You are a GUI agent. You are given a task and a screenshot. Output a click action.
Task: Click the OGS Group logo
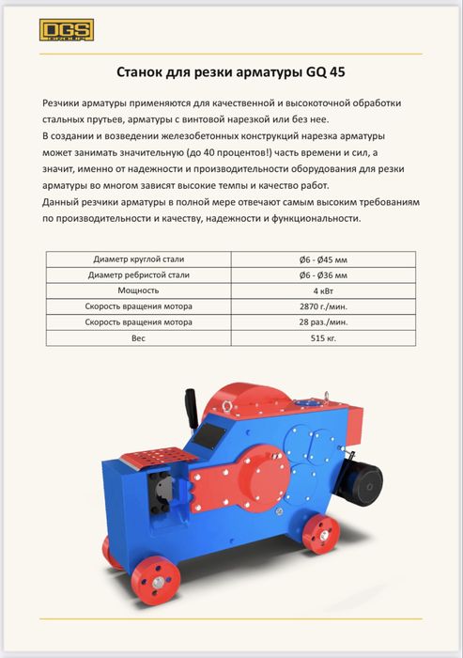pos(64,31)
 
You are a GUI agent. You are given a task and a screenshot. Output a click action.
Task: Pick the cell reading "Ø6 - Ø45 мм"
pos(322,258)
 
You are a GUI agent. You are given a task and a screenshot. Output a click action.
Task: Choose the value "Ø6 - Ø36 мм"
pos(322,275)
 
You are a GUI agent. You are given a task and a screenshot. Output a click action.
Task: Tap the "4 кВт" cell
pos(322,291)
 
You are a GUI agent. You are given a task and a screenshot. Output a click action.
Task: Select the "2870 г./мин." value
pos(322,307)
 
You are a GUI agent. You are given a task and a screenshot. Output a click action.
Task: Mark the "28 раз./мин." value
pos(322,323)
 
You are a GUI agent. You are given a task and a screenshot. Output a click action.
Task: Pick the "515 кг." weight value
pos(322,339)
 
